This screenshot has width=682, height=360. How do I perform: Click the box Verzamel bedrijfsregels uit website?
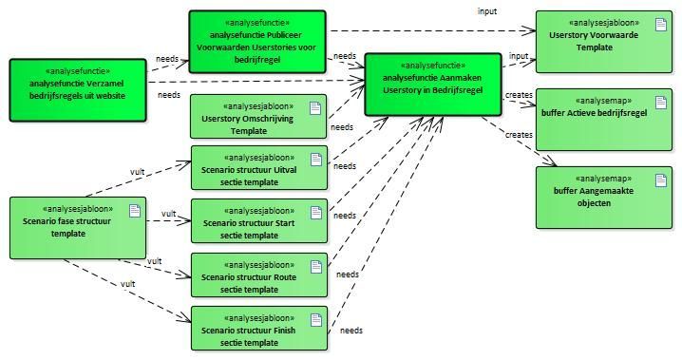[78, 90]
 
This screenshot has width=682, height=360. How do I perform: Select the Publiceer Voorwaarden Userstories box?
[257, 42]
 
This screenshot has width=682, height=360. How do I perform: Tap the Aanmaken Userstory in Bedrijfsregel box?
[433, 85]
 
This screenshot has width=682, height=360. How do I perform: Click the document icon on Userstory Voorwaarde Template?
[661, 25]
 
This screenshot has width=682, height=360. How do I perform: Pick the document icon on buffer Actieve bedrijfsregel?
[661, 103]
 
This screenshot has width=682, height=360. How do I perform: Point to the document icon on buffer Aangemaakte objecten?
[661, 180]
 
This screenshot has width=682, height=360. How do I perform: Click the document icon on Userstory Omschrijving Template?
[315, 108]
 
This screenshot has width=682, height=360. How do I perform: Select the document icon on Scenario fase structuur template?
[135, 211]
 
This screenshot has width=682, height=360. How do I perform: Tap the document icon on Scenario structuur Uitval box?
[316, 160]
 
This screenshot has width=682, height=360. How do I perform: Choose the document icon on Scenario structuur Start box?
[316, 213]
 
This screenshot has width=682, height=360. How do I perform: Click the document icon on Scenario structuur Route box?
[316, 267]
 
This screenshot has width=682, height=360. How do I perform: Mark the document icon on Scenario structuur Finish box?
[316, 320]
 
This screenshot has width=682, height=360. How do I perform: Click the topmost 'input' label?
[486, 11]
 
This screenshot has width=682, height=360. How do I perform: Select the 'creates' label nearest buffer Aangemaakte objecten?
[519, 135]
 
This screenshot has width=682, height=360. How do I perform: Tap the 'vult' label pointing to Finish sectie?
[128, 284]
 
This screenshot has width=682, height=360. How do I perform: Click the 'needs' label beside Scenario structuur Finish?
[351, 331]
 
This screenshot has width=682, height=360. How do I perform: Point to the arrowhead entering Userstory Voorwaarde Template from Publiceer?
[530, 30]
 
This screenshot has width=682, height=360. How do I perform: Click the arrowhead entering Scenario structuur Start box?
[185, 221]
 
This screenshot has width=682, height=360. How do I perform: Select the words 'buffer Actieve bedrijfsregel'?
[594, 113]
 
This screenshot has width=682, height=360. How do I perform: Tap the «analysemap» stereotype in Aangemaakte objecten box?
[603, 179]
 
